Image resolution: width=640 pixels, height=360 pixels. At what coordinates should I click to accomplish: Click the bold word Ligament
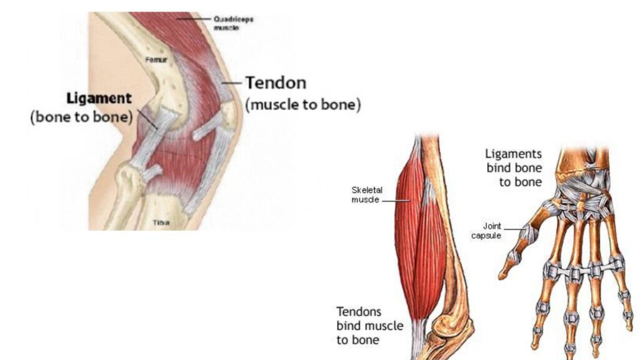99,99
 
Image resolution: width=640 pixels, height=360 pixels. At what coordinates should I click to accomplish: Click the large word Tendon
276,83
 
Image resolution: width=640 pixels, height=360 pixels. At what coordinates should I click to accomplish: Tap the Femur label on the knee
156,60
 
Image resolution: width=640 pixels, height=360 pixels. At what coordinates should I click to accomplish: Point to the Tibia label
161,222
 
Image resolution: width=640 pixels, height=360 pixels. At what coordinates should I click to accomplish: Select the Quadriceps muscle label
233,23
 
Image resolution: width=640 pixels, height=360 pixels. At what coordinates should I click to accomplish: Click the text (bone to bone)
82,117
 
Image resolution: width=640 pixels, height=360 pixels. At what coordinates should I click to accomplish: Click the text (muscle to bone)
303,104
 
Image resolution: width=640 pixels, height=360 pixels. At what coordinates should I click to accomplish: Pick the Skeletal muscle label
366,195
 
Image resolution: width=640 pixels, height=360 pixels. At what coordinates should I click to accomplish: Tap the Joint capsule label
486,231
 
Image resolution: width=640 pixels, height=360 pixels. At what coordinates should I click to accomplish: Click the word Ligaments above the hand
514,154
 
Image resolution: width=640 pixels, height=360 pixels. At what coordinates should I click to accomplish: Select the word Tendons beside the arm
359,312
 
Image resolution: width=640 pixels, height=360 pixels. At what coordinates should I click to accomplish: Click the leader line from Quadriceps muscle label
194,19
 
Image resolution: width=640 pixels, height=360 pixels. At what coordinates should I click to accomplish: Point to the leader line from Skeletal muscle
396,201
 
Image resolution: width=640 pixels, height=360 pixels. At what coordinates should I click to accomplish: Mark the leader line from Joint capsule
513,229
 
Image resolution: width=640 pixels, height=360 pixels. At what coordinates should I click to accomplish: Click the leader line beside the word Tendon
232,83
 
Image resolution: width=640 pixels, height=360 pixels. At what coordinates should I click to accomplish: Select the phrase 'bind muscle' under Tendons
370,326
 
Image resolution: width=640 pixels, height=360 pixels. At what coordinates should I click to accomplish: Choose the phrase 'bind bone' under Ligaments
514,167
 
